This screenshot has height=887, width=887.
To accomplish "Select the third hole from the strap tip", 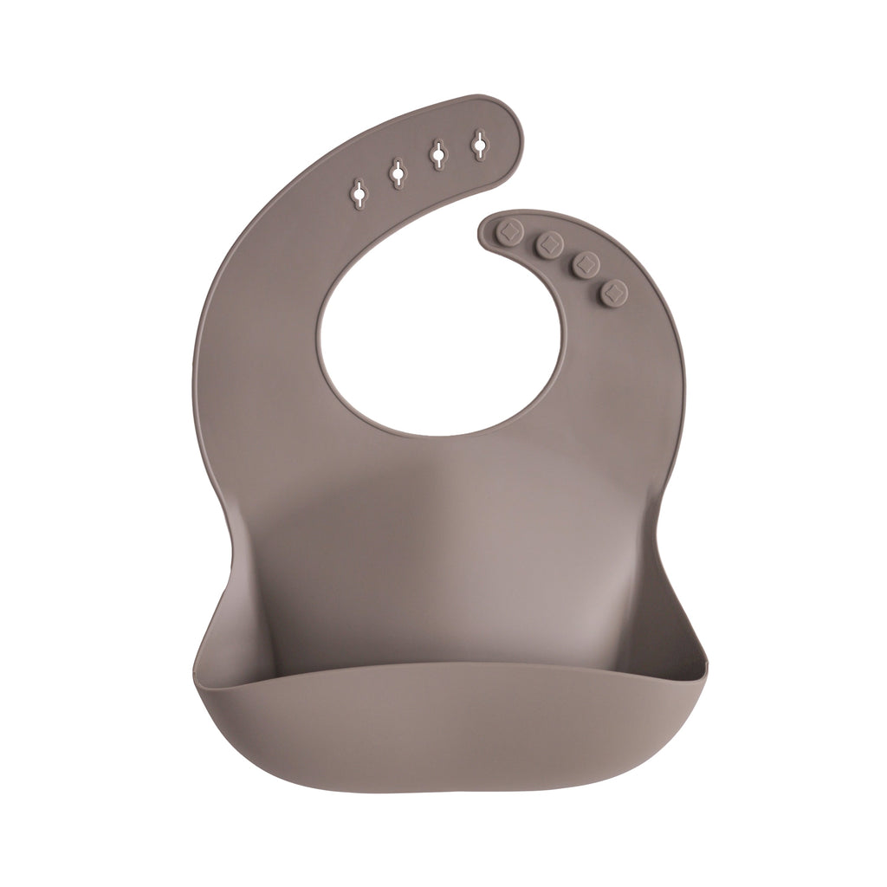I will point(397,174).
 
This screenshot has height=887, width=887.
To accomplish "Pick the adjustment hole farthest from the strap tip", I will point(357,195).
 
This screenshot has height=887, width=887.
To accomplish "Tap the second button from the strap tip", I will point(548,244).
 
